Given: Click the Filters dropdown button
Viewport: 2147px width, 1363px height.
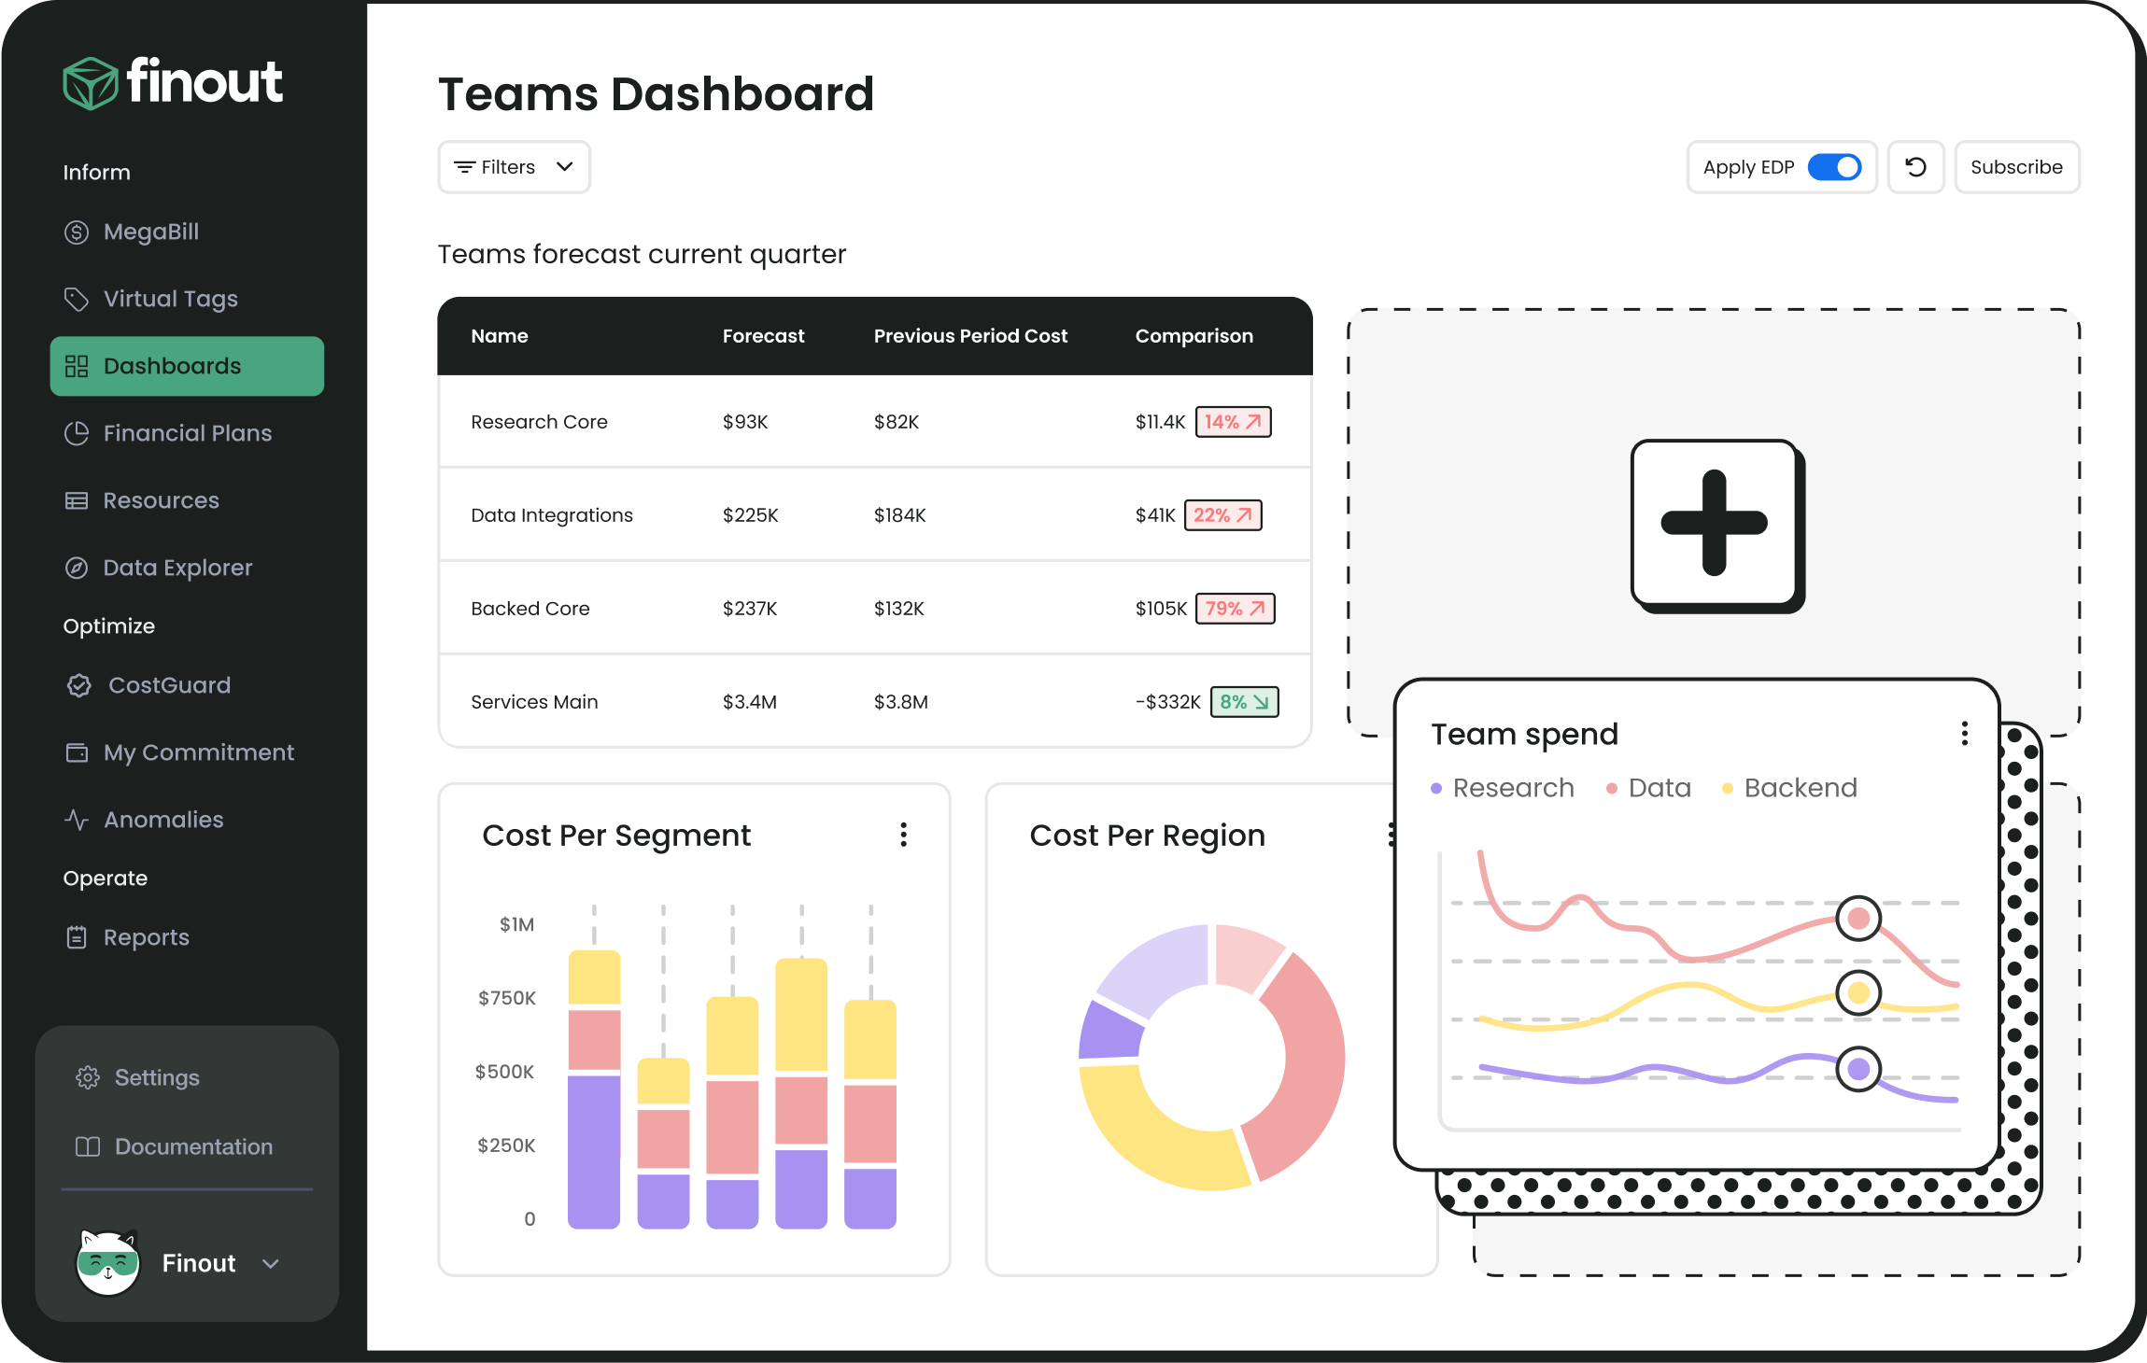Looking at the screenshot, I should tap(514, 167).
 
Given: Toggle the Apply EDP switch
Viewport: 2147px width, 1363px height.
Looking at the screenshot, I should tap(1834, 167).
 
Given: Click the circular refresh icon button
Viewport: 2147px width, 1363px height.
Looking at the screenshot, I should tap(1915, 167).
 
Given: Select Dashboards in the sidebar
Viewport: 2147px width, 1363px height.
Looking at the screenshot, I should tap(187, 366).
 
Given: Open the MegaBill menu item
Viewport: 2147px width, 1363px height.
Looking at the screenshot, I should tap(149, 232).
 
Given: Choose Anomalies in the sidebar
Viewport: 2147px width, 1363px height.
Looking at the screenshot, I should tap(162, 820).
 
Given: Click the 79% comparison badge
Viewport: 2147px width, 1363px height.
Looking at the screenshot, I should tap(1235, 609).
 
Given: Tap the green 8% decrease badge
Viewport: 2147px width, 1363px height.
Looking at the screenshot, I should tap(1244, 702).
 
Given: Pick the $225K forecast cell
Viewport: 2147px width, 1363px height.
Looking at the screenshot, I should tap(750, 515).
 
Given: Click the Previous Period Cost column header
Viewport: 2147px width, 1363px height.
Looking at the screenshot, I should tap(969, 336).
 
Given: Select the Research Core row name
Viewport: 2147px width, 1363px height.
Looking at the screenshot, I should tap(539, 422).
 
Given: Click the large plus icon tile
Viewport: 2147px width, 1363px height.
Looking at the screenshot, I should tap(1715, 524).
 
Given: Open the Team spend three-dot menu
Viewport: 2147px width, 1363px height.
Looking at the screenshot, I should tap(1964, 734).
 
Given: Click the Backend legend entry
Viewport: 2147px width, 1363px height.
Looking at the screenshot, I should tap(1799, 788).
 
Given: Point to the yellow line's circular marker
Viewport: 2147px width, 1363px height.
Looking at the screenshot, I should tap(1857, 992).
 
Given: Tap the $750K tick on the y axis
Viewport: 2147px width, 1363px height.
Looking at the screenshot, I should tap(507, 998).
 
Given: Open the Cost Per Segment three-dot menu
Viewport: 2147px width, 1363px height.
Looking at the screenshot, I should tap(903, 835).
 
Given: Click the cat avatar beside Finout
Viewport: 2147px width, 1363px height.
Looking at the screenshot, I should tap(108, 1263).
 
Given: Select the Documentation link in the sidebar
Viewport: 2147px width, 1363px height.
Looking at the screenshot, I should tap(192, 1146).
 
